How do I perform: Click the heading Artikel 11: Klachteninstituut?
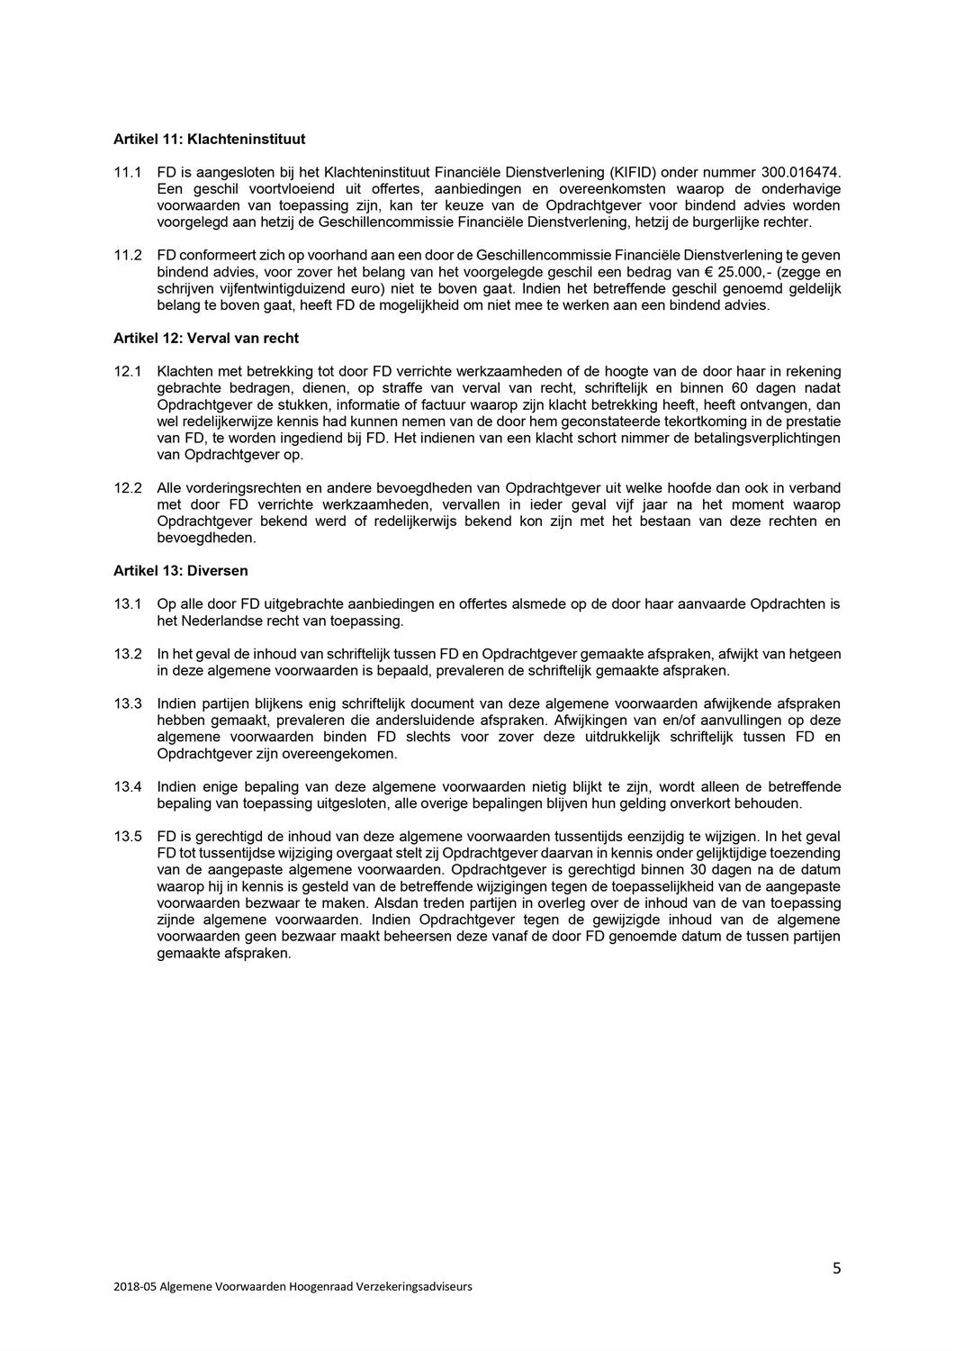[209, 140]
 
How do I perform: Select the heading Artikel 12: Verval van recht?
[206, 339]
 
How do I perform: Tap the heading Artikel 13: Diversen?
[180, 571]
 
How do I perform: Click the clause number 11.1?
[127, 171]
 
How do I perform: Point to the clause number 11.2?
[127, 255]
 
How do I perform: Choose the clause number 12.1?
[127, 371]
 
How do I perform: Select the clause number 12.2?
[127, 488]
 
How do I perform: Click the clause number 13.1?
[127, 604]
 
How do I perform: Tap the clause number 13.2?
[127, 654]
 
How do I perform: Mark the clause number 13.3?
[127, 703]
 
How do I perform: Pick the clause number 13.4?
[127, 787]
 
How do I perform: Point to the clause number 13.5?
[127, 837]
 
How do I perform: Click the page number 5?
[837, 1268]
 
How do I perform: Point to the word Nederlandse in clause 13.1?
[216, 621]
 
